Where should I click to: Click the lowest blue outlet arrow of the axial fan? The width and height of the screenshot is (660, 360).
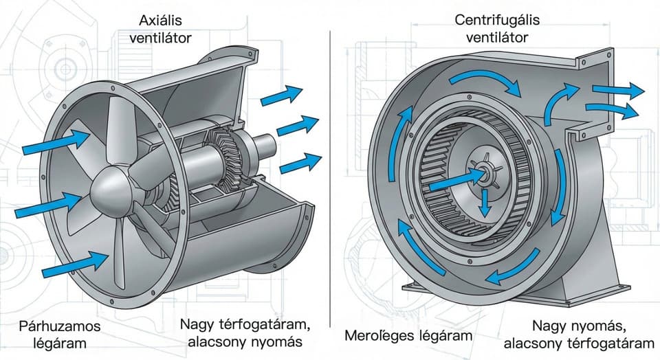click(300, 164)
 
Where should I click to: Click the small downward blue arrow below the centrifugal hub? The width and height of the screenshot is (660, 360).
click(485, 203)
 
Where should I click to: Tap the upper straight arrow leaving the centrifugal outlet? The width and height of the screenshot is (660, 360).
click(618, 90)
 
